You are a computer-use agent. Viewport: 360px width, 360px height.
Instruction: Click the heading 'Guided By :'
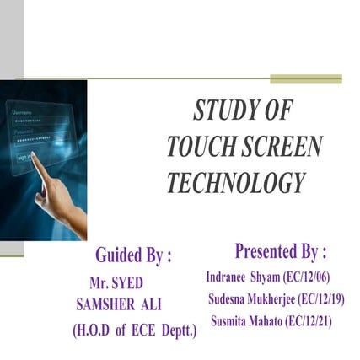point(134,255)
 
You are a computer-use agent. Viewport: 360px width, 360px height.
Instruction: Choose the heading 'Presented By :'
point(281,251)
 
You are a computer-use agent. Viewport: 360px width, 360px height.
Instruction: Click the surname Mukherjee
point(259,298)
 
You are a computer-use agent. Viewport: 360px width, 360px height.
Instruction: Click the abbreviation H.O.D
point(94,328)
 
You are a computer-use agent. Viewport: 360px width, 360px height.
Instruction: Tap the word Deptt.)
point(179,328)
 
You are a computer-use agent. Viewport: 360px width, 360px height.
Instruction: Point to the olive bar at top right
point(305,79)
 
